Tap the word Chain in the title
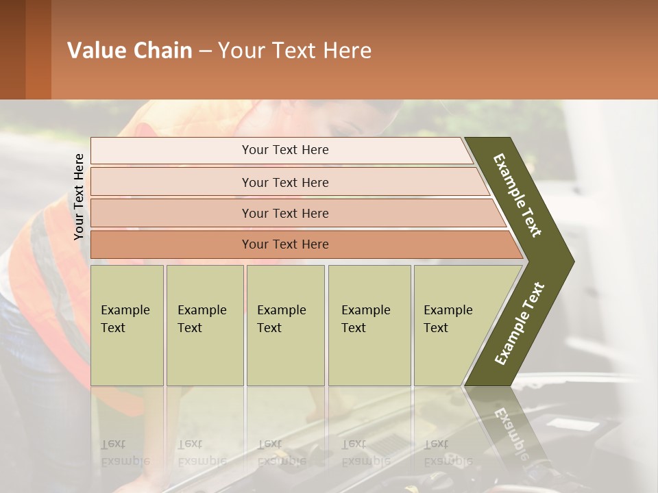162,51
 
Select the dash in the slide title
205,51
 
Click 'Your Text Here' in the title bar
295,51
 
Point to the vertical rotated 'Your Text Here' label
79,197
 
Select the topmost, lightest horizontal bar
281,151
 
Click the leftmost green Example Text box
127,325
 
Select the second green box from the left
204,325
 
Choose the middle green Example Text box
285,325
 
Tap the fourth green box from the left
369,325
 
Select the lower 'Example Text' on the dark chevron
520,324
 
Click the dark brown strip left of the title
12,50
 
